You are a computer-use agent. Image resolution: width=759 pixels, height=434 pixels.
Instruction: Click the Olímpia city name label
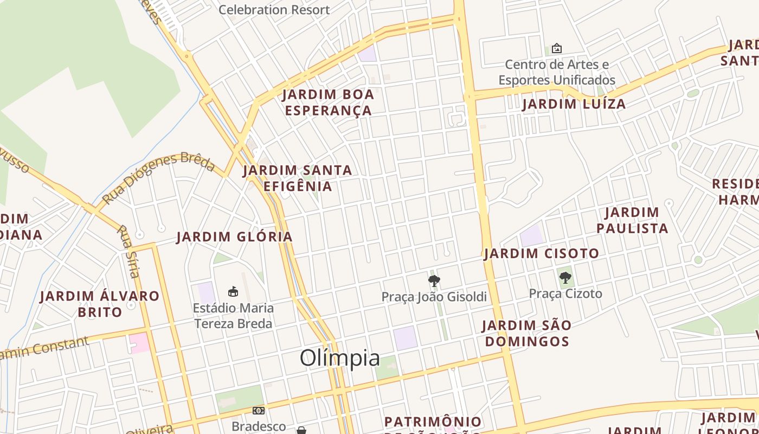click(x=340, y=358)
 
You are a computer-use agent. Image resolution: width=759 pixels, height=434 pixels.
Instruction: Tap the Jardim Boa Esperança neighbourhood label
click(x=328, y=102)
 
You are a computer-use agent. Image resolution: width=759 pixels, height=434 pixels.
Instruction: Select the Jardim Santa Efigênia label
click(x=298, y=178)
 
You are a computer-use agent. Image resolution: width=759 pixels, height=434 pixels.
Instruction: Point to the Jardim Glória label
click(x=234, y=237)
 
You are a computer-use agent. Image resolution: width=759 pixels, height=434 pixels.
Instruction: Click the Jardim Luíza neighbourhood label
click(x=574, y=104)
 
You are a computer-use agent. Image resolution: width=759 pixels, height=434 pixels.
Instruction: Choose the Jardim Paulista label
click(x=632, y=220)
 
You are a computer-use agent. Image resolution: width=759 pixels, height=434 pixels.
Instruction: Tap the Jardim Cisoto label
click(x=541, y=253)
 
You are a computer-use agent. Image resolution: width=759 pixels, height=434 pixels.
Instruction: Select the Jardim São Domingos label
click(x=526, y=333)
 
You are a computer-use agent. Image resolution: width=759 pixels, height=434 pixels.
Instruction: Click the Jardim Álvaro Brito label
click(x=100, y=304)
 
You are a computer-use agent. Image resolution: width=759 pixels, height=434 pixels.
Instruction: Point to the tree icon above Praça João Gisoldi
click(x=434, y=281)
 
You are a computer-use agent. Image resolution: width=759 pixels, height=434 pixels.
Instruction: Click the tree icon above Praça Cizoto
click(x=565, y=278)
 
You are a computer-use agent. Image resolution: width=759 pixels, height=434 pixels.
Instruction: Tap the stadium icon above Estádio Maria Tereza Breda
click(x=233, y=292)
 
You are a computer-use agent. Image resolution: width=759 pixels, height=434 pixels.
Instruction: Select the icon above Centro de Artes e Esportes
click(x=556, y=48)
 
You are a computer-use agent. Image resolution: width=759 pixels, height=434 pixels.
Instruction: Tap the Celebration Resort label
click(x=274, y=9)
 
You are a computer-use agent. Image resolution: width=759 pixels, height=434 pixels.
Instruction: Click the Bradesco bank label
click(x=258, y=426)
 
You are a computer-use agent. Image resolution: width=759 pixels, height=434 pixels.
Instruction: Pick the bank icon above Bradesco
click(x=258, y=411)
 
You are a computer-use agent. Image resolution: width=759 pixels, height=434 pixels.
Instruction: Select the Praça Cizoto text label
click(x=565, y=293)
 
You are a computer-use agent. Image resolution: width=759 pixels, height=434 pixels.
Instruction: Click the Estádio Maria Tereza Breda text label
click(x=233, y=316)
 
